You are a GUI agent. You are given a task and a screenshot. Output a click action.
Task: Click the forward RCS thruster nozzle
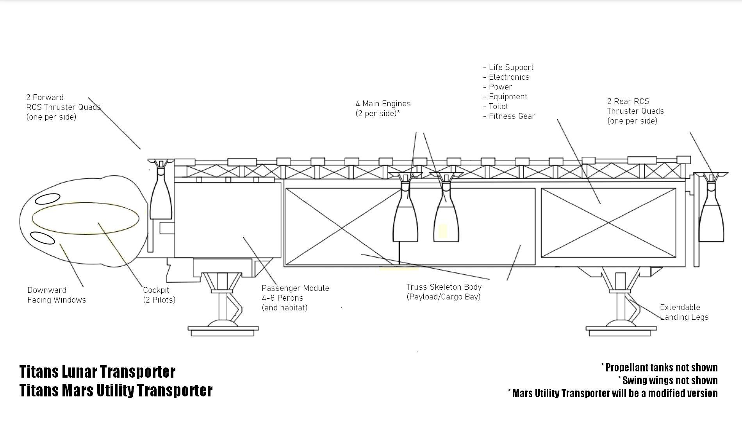[161, 197]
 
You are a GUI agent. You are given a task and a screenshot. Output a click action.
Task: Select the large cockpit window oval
[86, 219]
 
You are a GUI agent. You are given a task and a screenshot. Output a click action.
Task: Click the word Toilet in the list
[498, 106]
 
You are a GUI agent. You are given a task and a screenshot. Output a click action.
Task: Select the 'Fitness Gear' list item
[512, 116]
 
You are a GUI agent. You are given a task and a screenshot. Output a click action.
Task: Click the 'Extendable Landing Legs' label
[684, 312]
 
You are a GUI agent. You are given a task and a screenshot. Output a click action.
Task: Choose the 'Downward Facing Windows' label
[57, 295]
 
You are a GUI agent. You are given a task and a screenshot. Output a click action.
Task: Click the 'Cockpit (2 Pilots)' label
[159, 295]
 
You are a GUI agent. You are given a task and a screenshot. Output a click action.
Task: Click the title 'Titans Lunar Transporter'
[97, 371]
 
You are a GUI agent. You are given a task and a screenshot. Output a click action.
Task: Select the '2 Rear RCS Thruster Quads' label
[635, 111]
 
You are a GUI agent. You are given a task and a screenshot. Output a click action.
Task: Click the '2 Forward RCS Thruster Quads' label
[63, 107]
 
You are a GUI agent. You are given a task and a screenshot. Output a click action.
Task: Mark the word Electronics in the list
[509, 77]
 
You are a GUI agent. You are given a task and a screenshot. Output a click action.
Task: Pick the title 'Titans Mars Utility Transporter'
[116, 391]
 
